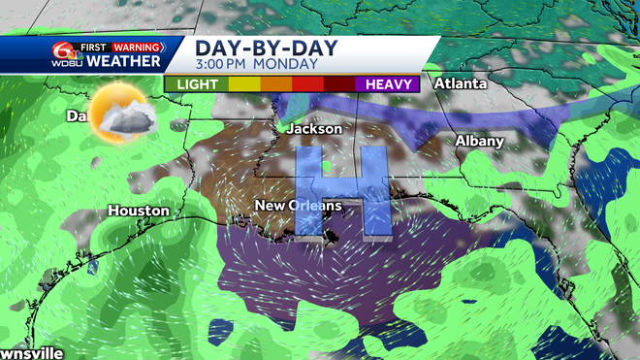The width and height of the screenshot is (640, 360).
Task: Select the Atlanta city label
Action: pyautogui.click(x=460, y=83)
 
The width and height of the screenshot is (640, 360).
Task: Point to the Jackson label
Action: pyautogui.click(x=315, y=128)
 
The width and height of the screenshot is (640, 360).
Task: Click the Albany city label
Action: pyautogui.click(x=480, y=142)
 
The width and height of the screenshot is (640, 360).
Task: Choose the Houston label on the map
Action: pyautogui.click(x=139, y=211)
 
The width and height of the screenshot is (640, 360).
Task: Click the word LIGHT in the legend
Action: pyautogui.click(x=196, y=84)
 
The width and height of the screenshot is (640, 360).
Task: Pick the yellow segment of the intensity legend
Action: pyautogui.click(x=243, y=84)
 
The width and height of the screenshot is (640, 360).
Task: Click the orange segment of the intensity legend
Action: pyautogui.click(x=275, y=84)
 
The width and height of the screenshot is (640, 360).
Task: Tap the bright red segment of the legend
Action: pyautogui.click(x=307, y=84)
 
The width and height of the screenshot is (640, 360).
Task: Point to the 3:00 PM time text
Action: pyautogui.click(x=227, y=65)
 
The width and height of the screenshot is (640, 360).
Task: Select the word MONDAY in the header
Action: pyautogui.click(x=291, y=65)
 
